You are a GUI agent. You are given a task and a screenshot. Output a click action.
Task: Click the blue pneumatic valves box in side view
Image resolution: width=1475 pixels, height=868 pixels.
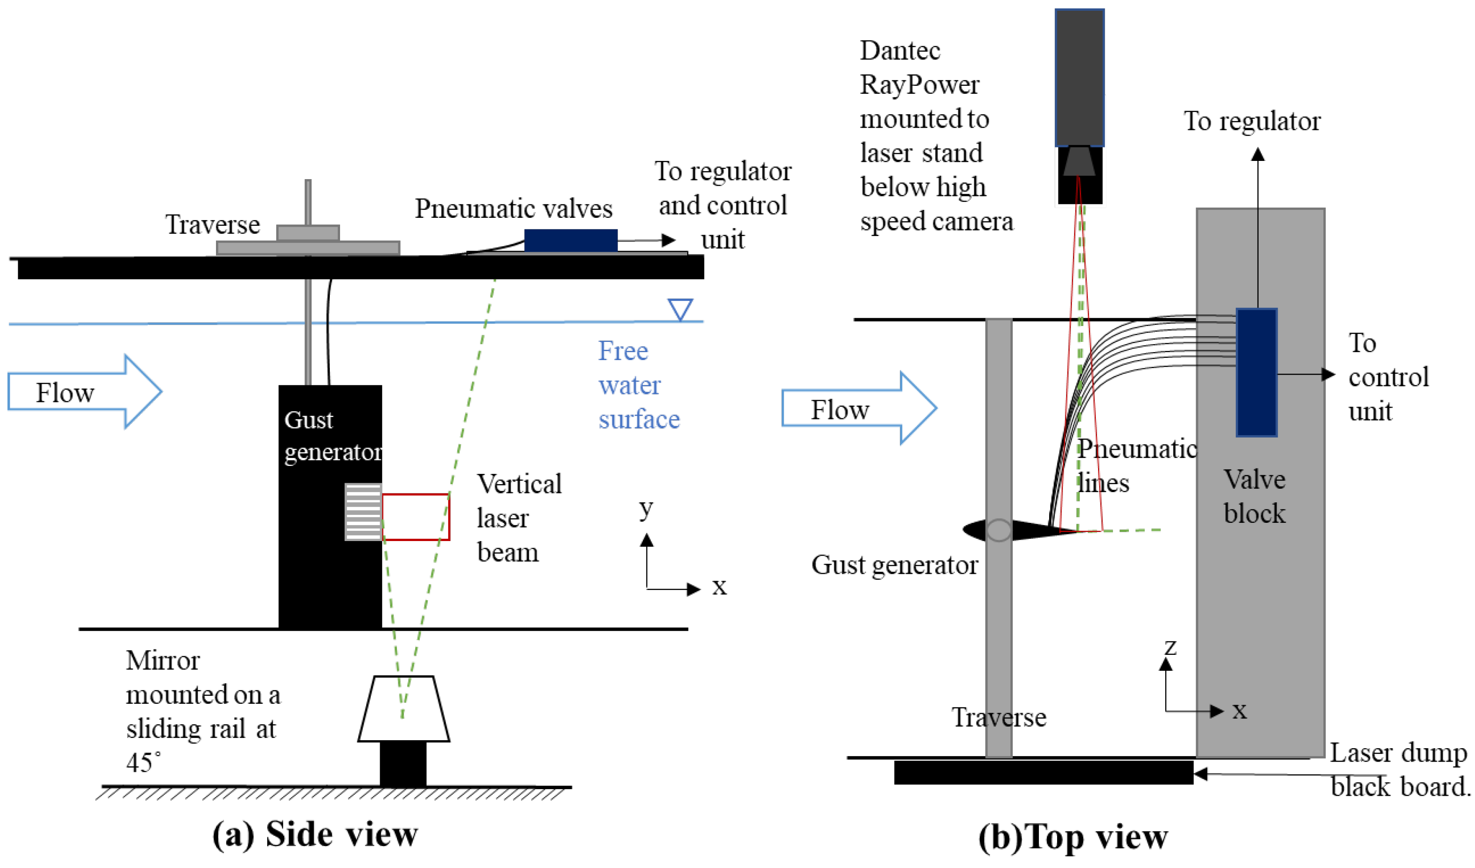tap(571, 241)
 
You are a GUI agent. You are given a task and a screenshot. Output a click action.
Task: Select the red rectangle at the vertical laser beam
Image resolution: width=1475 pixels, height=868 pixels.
tap(416, 517)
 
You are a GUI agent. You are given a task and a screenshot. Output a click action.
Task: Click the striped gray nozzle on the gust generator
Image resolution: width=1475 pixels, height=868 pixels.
tap(363, 512)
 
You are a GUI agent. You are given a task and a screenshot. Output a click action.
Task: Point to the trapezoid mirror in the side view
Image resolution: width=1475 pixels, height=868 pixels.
tap(404, 709)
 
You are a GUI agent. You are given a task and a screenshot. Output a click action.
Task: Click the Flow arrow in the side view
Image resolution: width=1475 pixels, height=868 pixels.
tap(85, 392)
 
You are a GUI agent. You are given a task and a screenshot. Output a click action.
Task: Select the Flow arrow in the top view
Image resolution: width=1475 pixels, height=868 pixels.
tap(859, 408)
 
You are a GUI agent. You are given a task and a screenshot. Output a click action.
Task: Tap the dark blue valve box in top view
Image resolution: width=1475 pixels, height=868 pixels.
tap(1256, 372)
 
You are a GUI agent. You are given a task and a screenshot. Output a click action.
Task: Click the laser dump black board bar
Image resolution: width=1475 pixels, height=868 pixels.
tap(1044, 772)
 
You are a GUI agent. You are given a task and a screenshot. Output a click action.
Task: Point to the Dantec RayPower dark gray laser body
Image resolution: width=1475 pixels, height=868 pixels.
tap(1079, 77)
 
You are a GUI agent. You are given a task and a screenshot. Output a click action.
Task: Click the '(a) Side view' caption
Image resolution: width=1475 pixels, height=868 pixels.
tap(315, 834)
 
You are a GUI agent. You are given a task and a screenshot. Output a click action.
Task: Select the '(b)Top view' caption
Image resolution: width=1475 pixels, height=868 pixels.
tap(1073, 837)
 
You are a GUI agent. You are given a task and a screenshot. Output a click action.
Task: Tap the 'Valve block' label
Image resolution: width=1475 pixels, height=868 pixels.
tap(1254, 496)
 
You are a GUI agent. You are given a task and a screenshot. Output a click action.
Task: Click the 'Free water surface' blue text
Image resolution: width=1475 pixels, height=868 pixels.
tap(639, 385)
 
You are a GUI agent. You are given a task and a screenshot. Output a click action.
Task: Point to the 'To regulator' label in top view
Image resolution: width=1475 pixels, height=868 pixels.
tap(1252, 121)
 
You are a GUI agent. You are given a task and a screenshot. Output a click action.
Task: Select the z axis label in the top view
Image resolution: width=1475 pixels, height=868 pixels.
tap(1170, 647)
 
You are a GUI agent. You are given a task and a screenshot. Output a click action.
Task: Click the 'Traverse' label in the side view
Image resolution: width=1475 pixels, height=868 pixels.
tap(212, 224)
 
